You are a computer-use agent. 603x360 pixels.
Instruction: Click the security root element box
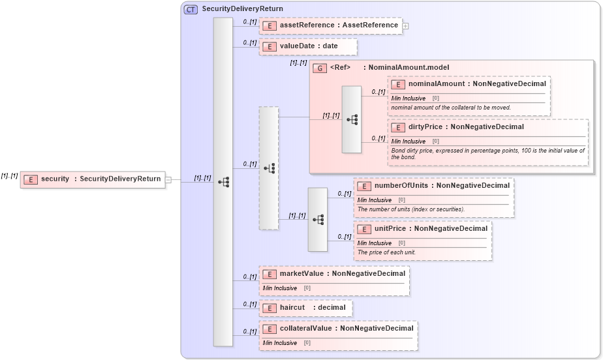pyautogui.click(x=92, y=179)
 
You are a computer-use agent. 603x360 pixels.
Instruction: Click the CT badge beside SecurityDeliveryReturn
pyautogui.click(x=191, y=9)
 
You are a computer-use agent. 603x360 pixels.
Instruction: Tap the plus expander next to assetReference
pyautogui.click(x=405, y=26)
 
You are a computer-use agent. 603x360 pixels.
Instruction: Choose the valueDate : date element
pyautogui.click(x=308, y=47)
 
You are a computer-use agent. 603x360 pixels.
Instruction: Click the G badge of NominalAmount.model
pyautogui.click(x=320, y=68)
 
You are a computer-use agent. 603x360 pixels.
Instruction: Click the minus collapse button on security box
pyautogui.click(x=168, y=180)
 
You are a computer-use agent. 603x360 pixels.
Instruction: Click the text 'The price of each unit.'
pyautogui.click(x=386, y=252)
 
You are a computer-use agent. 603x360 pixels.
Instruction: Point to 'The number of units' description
pyautogui.click(x=410, y=209)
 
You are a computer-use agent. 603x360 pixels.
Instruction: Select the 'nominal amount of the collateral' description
pyautogui.click(x=451, y=108)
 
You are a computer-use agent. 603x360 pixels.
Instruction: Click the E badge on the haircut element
pyautogui.click(x=268, y=308)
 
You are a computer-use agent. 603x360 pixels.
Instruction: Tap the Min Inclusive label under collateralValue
pyautogui.click(x=280, y=343)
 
